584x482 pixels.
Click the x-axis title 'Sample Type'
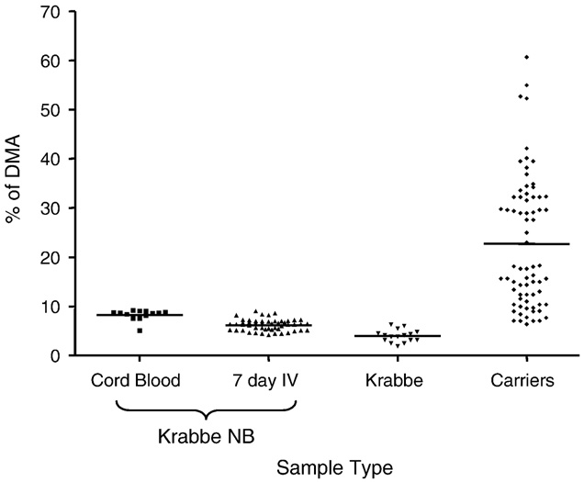click(337, 467)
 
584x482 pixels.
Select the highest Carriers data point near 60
click(526, 57)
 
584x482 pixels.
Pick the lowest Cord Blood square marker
click(140, 331)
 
